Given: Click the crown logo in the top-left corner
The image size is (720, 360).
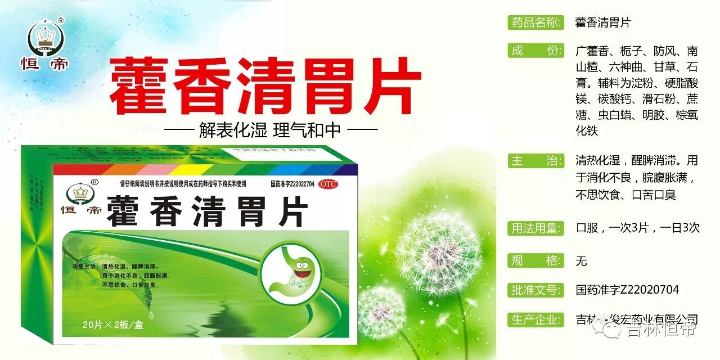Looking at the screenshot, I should pos(47,38).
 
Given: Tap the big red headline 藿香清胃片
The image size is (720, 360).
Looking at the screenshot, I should pos(264,87).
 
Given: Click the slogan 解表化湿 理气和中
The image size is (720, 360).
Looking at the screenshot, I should pos(270,130).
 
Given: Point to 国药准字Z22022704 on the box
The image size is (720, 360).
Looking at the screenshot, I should pos(292,184).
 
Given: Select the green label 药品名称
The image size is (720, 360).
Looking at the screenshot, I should pos(535,22).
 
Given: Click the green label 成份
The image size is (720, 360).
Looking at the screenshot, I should pos(535,51).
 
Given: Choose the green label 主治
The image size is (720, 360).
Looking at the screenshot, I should pos(535,161).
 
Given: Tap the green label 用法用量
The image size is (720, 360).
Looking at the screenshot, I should pos(535,228).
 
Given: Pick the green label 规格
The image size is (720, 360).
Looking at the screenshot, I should pos(535,260).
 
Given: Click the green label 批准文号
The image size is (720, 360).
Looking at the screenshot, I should pos(535,290).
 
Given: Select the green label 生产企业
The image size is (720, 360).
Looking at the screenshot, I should pos(535,319).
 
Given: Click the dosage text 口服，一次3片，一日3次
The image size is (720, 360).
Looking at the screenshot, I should pos(637,228).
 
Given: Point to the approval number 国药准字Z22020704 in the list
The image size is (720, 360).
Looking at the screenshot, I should pos(627,290).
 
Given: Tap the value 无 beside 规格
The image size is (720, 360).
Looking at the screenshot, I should pos(581,261).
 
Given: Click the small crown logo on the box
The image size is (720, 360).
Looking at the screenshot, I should pos(80,193).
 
